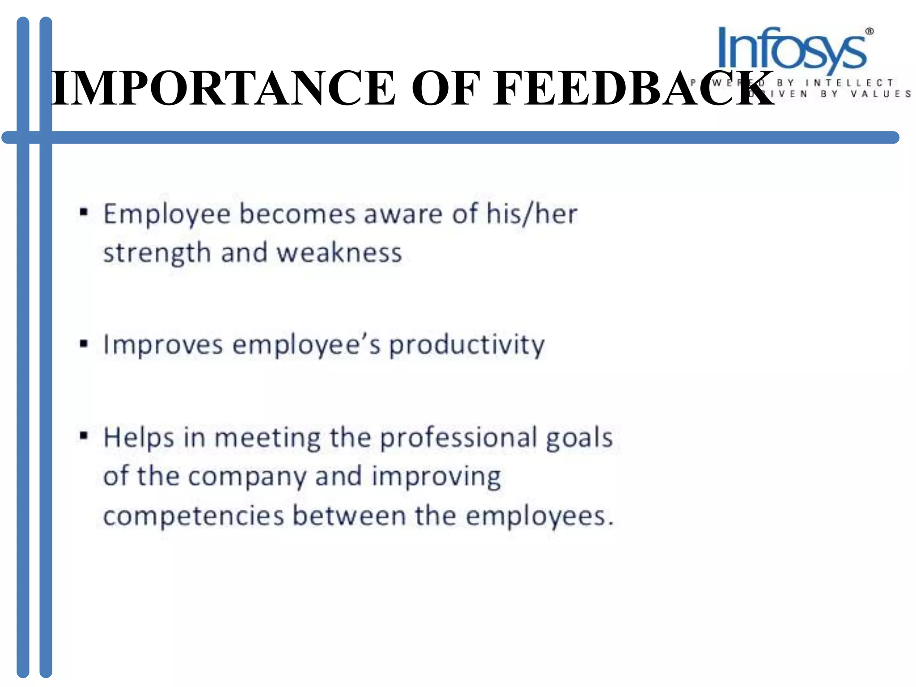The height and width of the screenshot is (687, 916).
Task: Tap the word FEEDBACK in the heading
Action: click(x=633, y=88)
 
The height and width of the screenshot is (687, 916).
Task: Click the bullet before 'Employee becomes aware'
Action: click(x=83, y=212)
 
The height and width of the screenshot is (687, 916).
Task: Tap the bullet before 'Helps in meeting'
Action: click(x=83, y=435)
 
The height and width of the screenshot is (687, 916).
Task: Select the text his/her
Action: click(x=532, y=214)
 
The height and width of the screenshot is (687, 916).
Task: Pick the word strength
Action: click(x=157, y=254)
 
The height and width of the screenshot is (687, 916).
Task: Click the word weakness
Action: click(x=339, y=253)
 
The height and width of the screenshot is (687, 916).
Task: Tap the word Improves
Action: click(x=163, y=346)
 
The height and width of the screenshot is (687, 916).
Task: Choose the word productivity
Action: click(x=467, y=346)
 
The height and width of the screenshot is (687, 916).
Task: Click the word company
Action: click(x=247, y=477)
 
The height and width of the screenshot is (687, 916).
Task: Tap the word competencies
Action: click(x=194, y=517)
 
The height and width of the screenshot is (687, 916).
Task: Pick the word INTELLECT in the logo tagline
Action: click(x=849, y=83)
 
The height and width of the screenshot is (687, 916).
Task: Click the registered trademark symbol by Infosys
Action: click(x=869, y=32)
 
